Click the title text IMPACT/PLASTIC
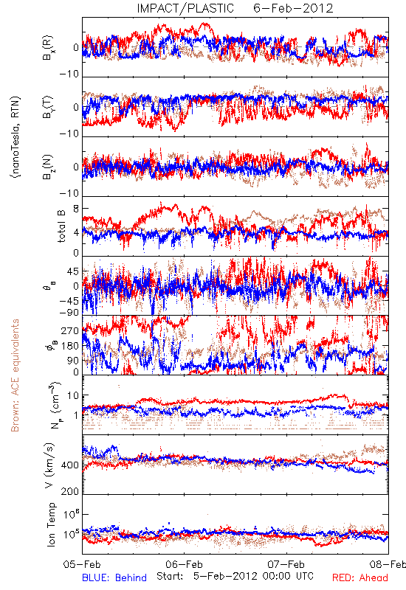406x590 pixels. pyautogui.click(x=185, y=8)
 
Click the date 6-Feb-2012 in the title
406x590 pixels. pyautogui.click(x=293, y=8)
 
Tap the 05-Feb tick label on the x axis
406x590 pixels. pyautogui.click(x=83, y=564)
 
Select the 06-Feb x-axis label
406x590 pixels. pyautogui.click(x=184, y=564)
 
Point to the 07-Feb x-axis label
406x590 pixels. pyautogui.click(x=286, y=564)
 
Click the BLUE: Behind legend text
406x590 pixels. pyautogui.click(x=114, y=577)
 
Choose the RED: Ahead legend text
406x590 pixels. pyautogui.click(x=359, y=577)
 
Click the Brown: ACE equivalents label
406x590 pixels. pyautogui.click(x=15, y=375)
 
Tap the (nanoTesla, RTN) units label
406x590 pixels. pyautogui.click(x=16, y=136)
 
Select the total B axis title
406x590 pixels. pyautogui.click(x=61, y=226)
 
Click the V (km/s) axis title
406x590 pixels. pyautogui.click(x=49, y=466)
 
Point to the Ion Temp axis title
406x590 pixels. pyautogui.click(x=51, y=524)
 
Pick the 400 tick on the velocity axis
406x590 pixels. pyautogui.click(x=70, y=465)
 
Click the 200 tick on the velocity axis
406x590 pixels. pyautogui.click(x=70, y=491)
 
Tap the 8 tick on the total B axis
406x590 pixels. pyautogui.click(x=76, y=209)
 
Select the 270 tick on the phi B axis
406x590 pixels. pyautogui.click(x=70, y=331)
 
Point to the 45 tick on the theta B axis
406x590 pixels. pyautogui.click(x=73, y=271)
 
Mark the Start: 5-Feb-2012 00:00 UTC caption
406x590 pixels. pyautogui.click(x=235, y=576)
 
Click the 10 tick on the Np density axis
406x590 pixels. pyautogui.click(x=73, y=396)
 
